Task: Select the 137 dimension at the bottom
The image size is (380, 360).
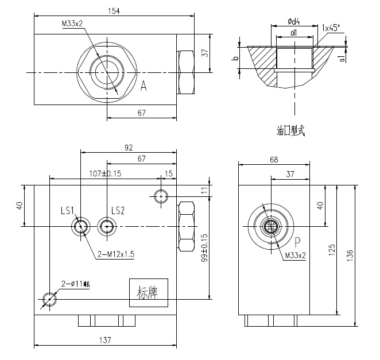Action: [x=104, y=340]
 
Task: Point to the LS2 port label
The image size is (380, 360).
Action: [x=118, y=210]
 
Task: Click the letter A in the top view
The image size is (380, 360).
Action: [x=144, y=86]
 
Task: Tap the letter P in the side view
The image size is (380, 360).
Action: [x=297, y=241]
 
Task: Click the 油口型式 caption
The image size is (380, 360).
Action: [x=290, y=131]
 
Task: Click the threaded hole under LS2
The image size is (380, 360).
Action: [x=106, y=226]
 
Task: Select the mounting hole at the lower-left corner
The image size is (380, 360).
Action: [x=50, y=299]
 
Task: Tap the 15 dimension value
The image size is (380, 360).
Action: [x=168, y=173]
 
